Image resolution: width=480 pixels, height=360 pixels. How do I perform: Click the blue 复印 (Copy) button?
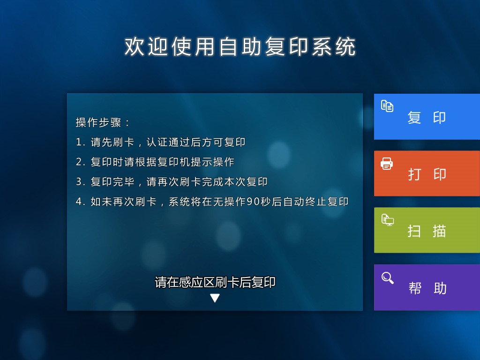pyautogui.click(x=427, y=117)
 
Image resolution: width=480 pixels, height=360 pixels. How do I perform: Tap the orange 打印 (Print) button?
pyautogui.click(x=427, y=173)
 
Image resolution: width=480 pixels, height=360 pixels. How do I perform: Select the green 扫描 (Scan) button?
pyautogui.click(x=427, y=230)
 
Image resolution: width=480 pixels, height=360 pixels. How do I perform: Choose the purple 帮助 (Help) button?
pyautogui.click(x=427, y=287)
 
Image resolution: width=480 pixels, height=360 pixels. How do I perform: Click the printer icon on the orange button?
pyautogui.click(x=387, y=164)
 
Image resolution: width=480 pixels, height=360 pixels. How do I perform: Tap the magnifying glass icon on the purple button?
pyautogui.click(x=387, y=278)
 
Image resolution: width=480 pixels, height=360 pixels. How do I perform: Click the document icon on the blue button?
pyautogui.click(x=387, y=106)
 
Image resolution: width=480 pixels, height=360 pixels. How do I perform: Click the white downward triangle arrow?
pyautogui.click(x=215, y=298)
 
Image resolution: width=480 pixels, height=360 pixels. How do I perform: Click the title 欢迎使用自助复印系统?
pyautogui.click(x=240, y=47)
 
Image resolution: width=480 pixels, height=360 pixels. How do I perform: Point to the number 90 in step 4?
pyautogui.click(x=253, y=202)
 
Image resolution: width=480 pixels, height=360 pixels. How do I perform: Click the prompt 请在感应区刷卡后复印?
pyautogui.click(x=215, y=282)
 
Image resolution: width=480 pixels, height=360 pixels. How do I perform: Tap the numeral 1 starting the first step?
pyautogui.click(x=78, y=142)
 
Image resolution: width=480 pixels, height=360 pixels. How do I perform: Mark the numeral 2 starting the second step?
pyautogui.click(x=79, y=162)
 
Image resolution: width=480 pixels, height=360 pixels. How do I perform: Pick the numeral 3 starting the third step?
pyautogui.click(x=79, y=182)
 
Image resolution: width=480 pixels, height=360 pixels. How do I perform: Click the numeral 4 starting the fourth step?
pyautogui.click(x=79, y=202)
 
